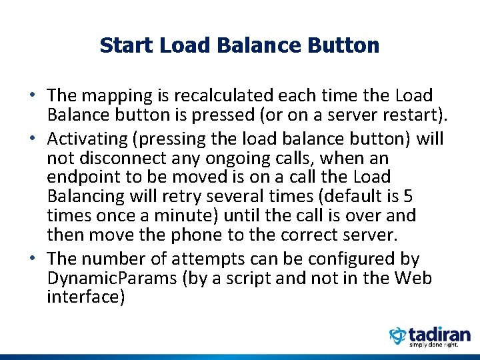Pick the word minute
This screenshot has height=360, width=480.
(x=184, y=216)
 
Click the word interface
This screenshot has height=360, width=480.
(x=85, y=297)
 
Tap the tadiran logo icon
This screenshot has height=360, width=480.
(x=398, y=335)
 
